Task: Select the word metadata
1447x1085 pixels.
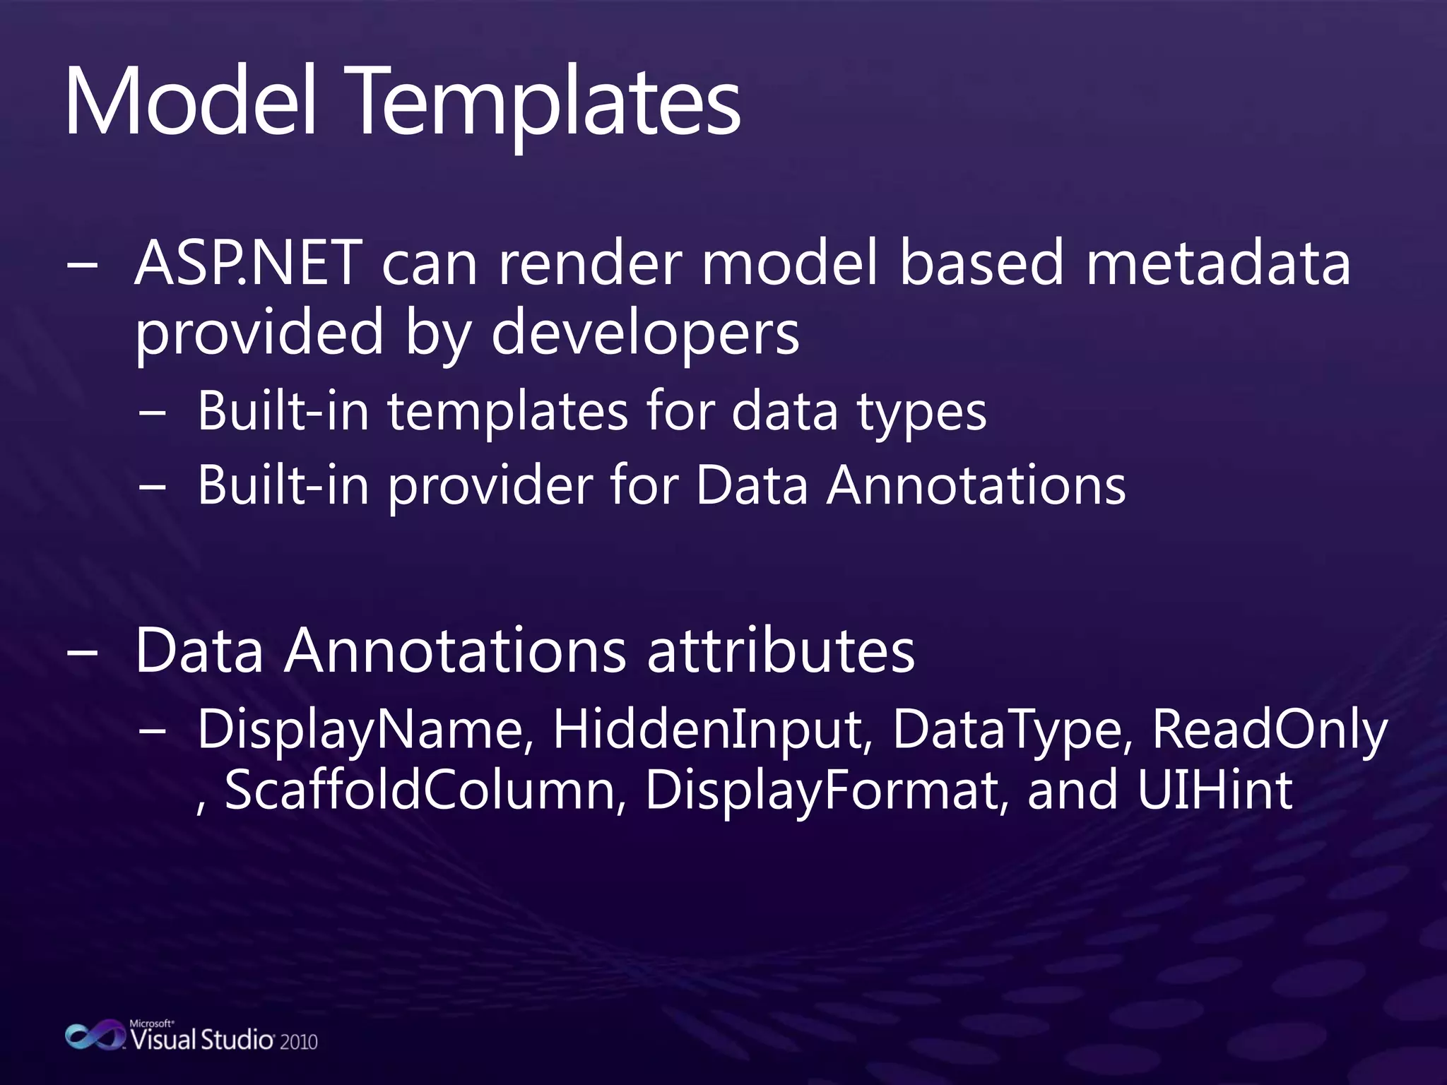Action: [x=1217, y=263]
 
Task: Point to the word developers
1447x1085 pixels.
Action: [x=644, y=333]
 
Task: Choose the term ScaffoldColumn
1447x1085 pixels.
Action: [x=421, y=790]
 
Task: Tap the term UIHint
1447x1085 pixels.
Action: [x=1215, y=790]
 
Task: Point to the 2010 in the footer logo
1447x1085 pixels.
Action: [x=298, y=1042]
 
